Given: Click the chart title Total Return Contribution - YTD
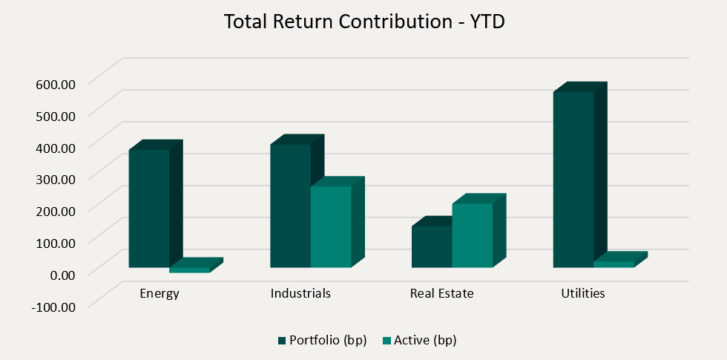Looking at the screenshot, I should point(363,22).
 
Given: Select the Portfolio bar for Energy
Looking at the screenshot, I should point(149,208).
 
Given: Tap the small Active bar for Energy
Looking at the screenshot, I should point(190,269).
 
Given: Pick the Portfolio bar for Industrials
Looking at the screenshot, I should point(290,206).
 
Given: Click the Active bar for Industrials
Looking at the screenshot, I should point(331,226).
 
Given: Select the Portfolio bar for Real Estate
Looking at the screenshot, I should point(432,246).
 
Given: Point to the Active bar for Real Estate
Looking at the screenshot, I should point(473,235).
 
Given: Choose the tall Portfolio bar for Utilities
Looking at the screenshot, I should point(573,179).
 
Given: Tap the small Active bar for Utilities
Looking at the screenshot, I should point(614,264).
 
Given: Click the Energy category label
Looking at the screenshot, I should point(159,293).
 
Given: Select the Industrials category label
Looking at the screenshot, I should point(300,293).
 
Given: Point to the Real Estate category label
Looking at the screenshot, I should point(441,293).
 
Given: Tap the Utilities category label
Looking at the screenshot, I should point(583,293).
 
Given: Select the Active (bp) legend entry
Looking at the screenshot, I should point(419,341).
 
